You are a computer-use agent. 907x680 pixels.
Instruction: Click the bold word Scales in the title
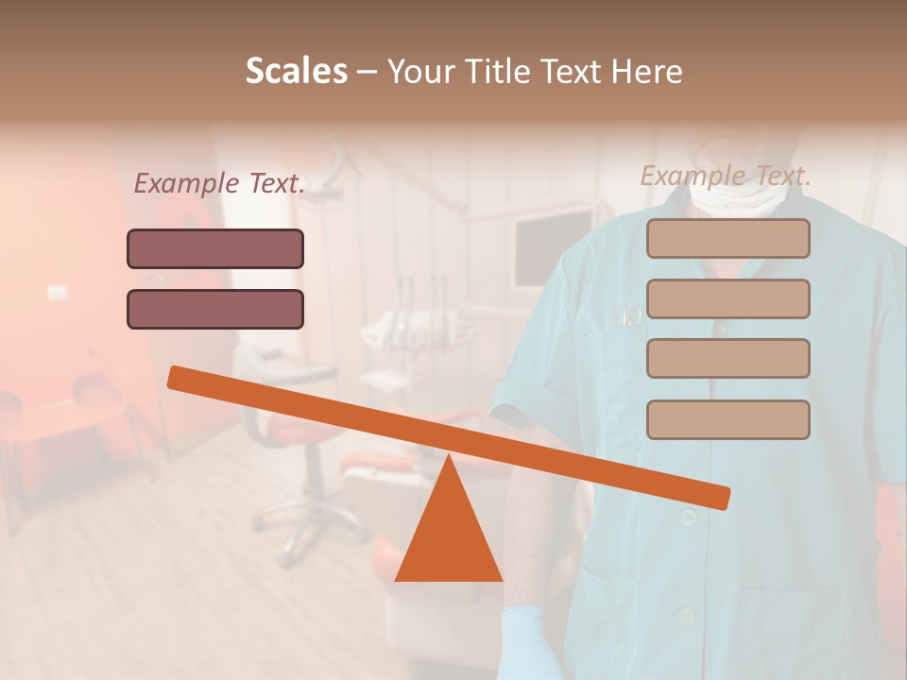tap(296, 72)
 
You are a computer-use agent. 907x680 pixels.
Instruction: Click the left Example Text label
tap(219, 184)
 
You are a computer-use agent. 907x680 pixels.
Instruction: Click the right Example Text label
tap(726, 176)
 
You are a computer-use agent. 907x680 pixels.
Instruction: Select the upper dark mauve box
tap(215, 249)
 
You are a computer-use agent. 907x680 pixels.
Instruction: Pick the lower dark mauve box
tap(215, 309)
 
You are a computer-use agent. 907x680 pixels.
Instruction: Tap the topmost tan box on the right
tap(727, 239)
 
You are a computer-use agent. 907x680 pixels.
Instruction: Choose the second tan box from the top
tap(727, 298)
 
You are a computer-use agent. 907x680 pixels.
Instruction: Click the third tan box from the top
tap(727, 358)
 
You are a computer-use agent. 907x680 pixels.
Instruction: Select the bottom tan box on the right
tap(727, 419)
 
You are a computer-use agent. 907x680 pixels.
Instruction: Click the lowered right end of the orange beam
tap(719, 497)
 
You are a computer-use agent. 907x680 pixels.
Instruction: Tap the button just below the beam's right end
tap(688, 518)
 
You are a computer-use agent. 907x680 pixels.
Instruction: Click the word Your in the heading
tap(421, 72)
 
